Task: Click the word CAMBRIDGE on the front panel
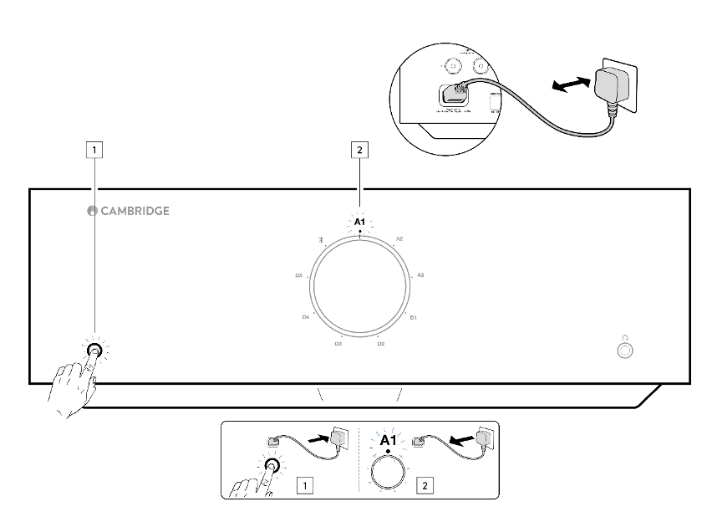135,211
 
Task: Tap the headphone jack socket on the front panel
623,351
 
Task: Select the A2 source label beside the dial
399,239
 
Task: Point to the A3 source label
420,274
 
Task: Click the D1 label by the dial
413,318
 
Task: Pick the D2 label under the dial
380,343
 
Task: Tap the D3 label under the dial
338,343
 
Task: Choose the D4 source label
306,318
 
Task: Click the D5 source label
298,274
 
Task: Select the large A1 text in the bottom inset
388,441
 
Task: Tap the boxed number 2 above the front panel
359,151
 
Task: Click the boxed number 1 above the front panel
97,151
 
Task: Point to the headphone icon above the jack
623,335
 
